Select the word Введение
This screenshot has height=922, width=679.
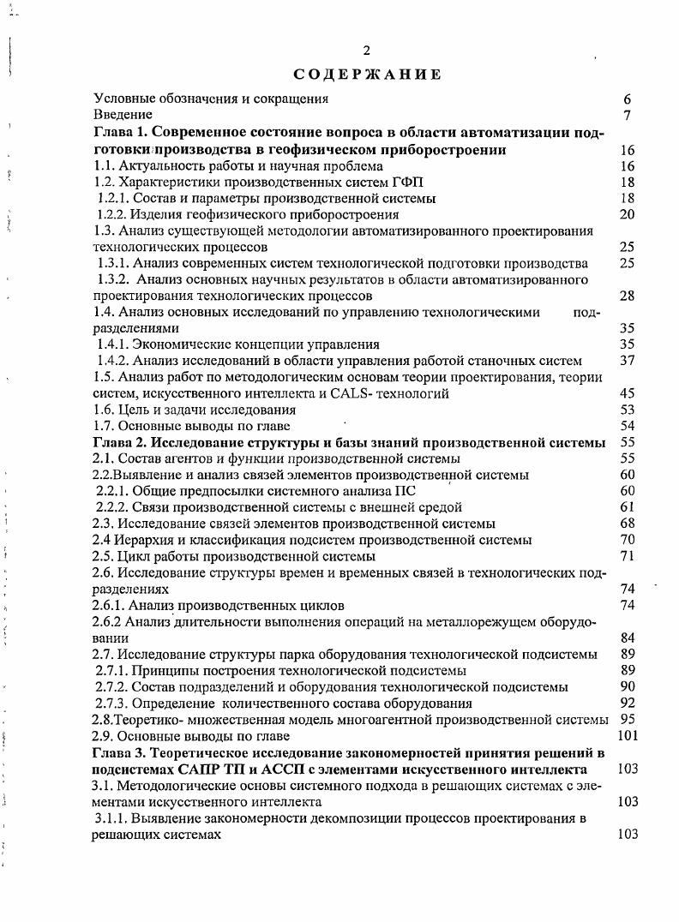[x=123, y=114]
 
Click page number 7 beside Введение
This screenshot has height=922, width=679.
[x=628, y=115]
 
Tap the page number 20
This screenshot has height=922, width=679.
[x=627, y=214]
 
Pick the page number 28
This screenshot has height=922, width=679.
[x=627, y=296]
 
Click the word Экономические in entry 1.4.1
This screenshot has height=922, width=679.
[x=173, y=344]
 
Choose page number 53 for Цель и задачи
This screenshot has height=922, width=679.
[x=627, y=410]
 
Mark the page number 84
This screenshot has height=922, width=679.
[x=627, y=638]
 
